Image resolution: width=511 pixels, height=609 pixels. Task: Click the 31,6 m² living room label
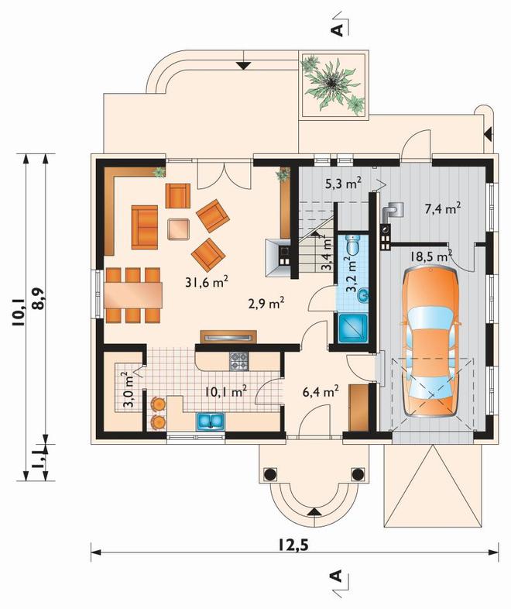[206, 281]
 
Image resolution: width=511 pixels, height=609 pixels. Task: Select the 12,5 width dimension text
[293, 545]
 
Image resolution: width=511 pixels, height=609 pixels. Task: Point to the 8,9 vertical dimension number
[38, 299]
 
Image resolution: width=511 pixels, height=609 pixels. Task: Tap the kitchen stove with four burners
[239, 361]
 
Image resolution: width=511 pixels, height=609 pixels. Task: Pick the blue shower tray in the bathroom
[353, 329]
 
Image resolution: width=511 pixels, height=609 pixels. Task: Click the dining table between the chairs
[132, 295]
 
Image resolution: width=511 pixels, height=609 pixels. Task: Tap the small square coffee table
[178, 229]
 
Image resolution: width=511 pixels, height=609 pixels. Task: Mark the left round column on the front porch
[270, 474]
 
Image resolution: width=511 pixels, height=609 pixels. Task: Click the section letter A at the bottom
[337, 575]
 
